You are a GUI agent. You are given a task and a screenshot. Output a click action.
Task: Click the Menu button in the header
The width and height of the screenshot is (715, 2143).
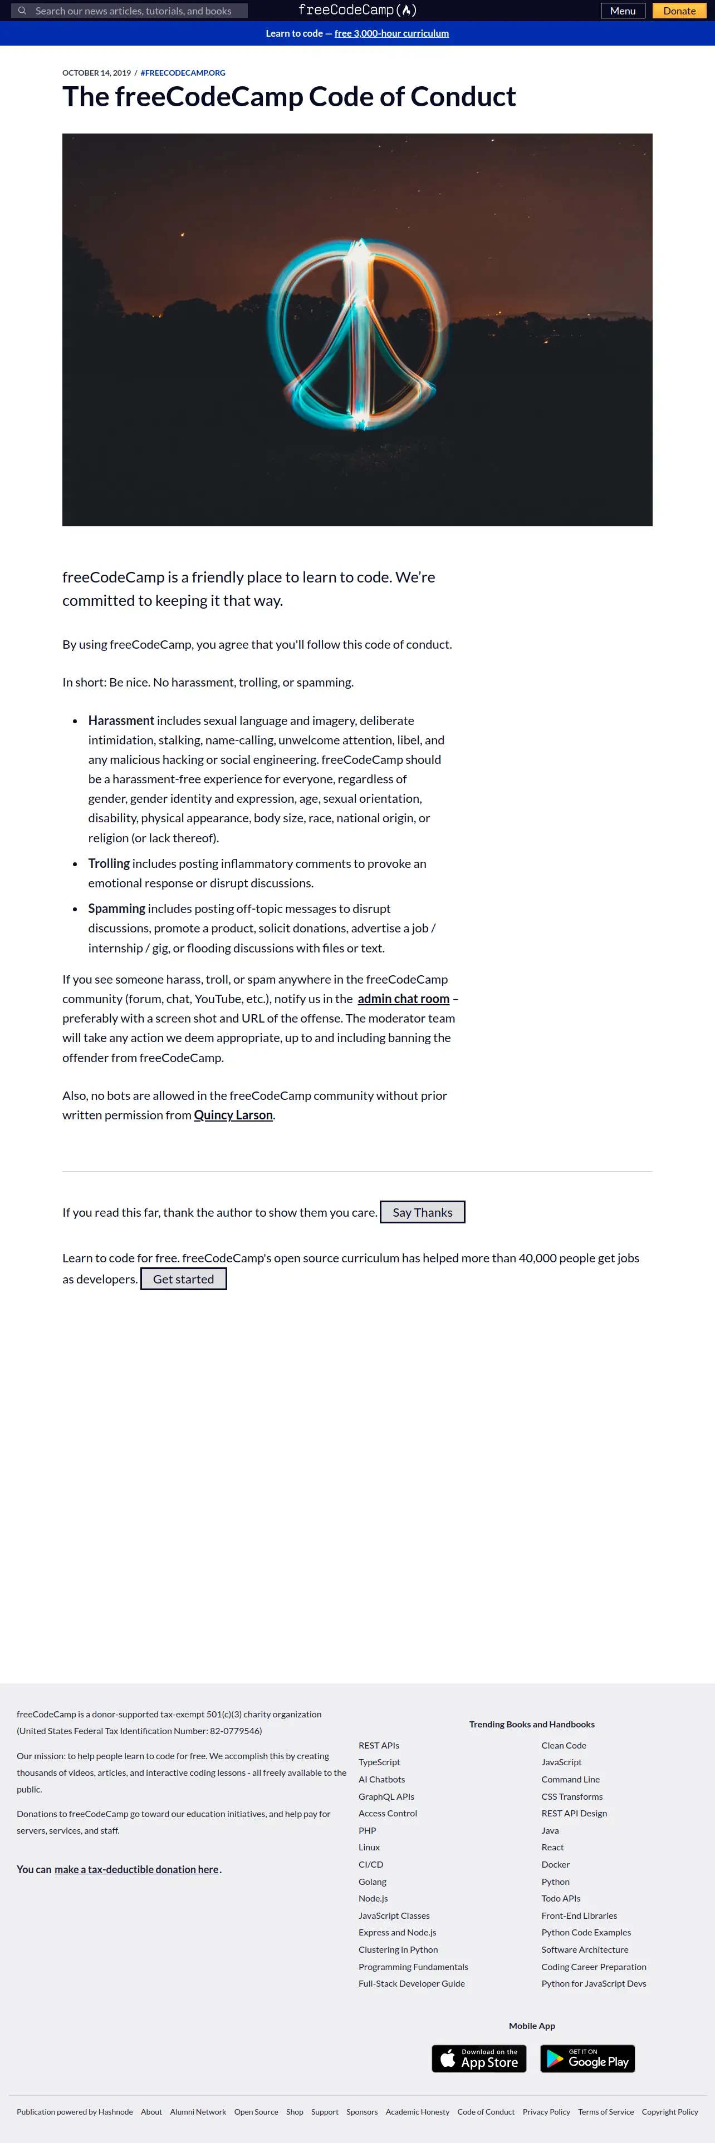(x=623, y=11)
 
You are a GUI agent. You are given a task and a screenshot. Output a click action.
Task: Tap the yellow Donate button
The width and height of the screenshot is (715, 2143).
(x=679, y=11)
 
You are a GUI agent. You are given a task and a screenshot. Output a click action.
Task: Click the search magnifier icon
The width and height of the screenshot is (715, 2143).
(x=22, y=11)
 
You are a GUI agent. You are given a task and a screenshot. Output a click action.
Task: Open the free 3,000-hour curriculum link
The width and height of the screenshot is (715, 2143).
(x=391, y=33)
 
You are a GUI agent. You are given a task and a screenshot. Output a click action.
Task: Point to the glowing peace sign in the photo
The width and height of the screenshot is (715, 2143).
(x=358, y=329)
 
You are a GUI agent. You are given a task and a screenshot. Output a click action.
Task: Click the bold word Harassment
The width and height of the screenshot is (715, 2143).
(x=121, y=720)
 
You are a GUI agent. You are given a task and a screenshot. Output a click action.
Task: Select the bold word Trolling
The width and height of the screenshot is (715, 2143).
(x=109, y=863)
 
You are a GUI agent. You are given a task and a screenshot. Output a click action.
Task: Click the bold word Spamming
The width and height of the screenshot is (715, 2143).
(x=116, y=908)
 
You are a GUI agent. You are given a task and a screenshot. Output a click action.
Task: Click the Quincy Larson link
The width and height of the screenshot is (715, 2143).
(x=233, y=1115)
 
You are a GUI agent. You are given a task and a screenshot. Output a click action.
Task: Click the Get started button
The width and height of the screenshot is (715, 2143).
(x=183, y=1278)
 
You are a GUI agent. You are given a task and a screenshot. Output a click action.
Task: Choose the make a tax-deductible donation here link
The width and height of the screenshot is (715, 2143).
(x=136, y=1869)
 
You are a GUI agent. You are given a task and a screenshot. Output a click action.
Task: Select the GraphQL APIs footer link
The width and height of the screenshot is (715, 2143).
(x=386, y=1796)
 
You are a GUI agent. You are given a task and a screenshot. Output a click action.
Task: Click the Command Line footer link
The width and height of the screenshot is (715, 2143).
(x=570, y=1780)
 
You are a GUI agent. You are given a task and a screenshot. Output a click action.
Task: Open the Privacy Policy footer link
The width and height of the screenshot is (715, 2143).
(x=546, y=2111)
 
